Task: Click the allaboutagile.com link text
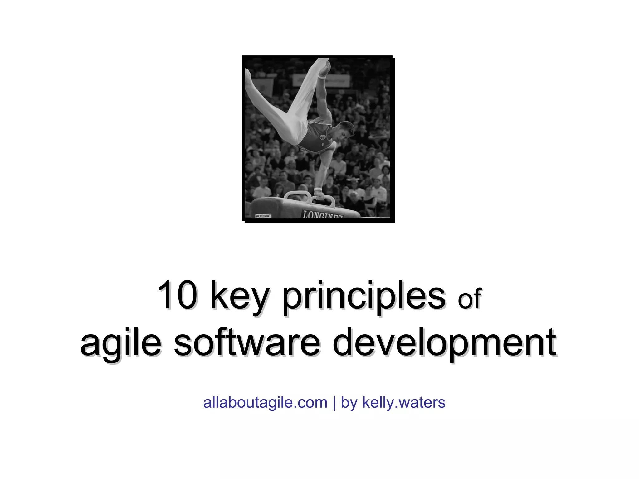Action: click(265, 402)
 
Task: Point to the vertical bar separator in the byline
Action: click(334, 402)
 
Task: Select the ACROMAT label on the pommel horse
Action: click(263, 216)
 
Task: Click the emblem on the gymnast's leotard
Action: click(323, 137)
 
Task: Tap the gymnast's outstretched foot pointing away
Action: click(248, 75)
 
